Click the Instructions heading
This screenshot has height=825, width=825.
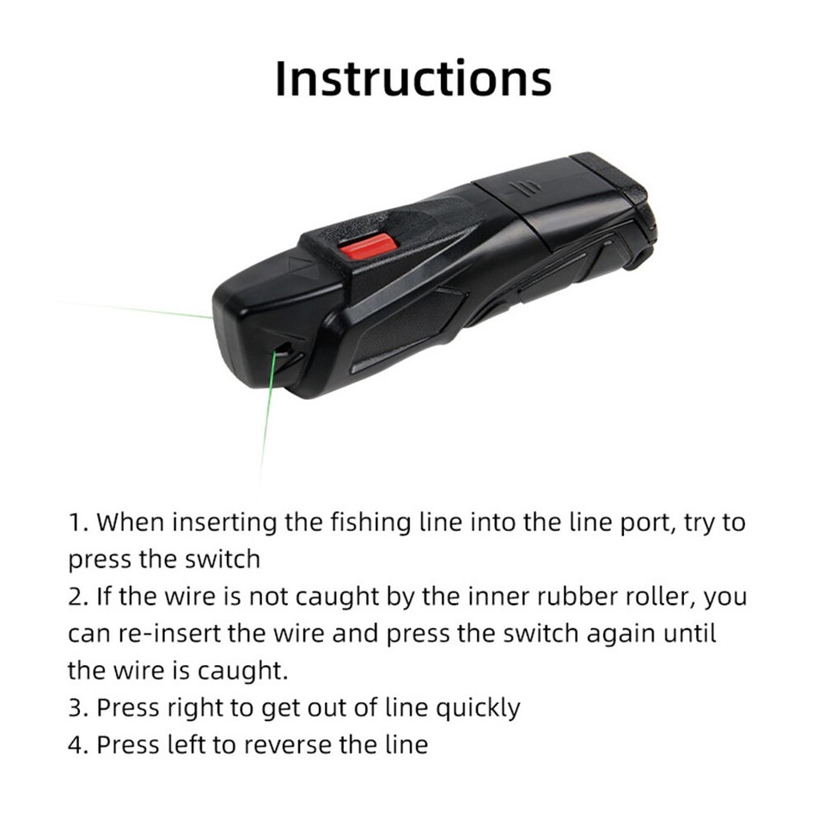click(x=412, y=79)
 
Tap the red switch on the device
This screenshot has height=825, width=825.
click(x=368, y=247)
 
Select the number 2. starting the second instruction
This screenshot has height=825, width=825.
click(x=81, y=596)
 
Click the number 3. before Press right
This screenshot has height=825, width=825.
click(x=81, y=707)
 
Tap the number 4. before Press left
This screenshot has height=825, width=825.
click(x=81, y=744)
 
